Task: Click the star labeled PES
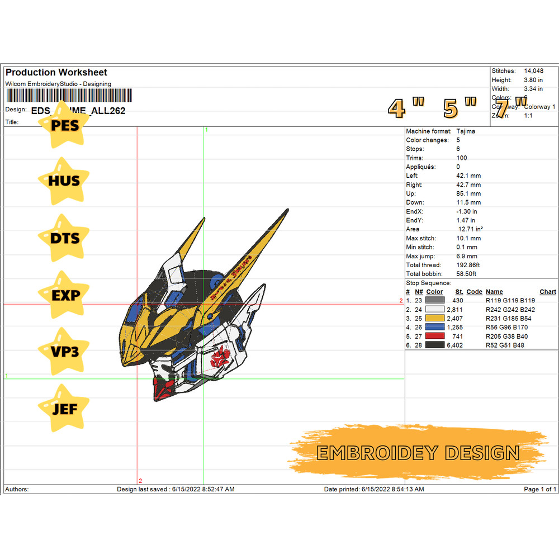click(65, 125)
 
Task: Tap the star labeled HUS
click(65, 181)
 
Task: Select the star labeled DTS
click(65, 238)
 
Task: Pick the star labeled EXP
click(65, 295)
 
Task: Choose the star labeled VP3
click(65, 352)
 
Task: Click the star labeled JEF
click(65, 409)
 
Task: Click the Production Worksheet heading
click(56, 72)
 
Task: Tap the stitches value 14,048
click(533, 71)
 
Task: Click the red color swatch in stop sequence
click(435, 337)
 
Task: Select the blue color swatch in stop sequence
click(435, 328)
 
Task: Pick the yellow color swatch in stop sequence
click(435, 319)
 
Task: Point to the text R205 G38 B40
click(506, 337)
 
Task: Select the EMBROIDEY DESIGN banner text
click(418, 452)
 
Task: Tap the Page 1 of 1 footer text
click(539, 489)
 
